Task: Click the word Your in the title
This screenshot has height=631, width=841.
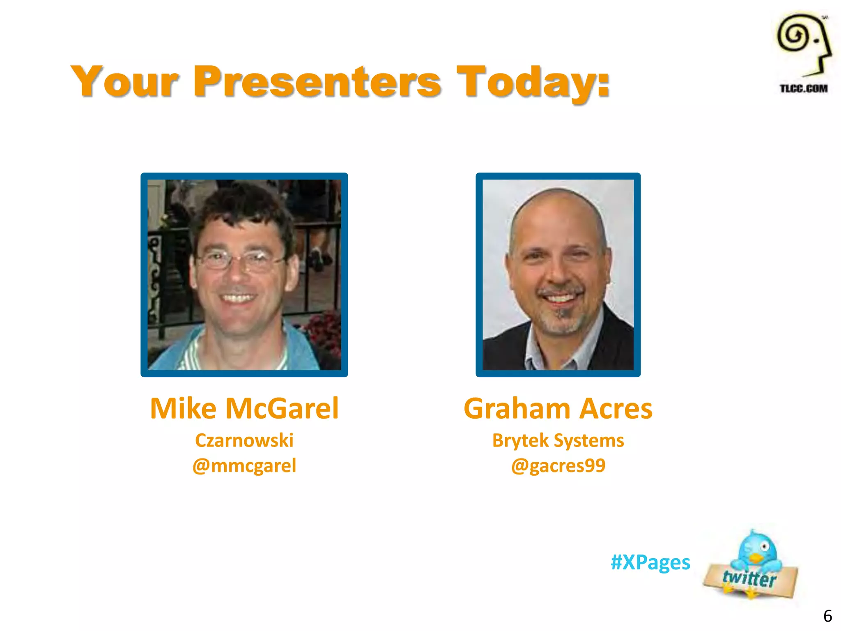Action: point(124,82)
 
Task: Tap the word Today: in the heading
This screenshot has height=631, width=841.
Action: point(533,82)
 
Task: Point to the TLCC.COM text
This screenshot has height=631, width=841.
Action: point(804,88)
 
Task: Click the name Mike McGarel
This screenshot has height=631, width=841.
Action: point(244,408)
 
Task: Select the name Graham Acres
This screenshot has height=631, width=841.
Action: point(558,408)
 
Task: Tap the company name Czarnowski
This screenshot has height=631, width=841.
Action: point(244,440)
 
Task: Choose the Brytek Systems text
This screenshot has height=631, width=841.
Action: point(558,440)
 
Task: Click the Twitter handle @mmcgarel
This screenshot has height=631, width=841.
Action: point(244,466)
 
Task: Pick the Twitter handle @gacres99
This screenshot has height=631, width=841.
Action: point(558,466)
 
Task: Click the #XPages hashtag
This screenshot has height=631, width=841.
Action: point(650,562)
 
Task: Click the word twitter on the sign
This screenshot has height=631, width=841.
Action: point(749,578)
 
